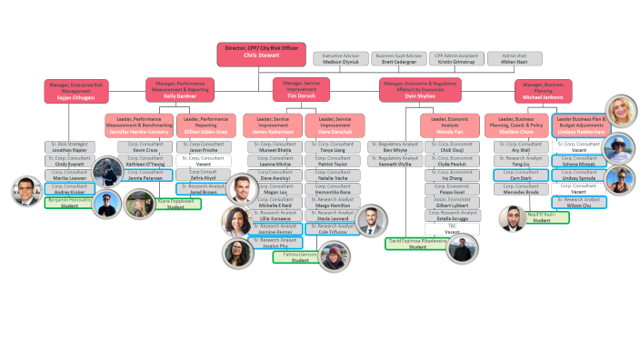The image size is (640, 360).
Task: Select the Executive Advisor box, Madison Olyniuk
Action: pos(341,59)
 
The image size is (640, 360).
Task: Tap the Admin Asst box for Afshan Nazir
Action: pos(515,59)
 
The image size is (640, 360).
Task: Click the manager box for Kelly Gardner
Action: pos(178,90)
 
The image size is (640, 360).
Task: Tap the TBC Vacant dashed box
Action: pos(452,229)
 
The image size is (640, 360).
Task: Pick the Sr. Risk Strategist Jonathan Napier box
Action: pos(70,147)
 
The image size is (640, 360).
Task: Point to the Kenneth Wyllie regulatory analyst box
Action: pos(395,162)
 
